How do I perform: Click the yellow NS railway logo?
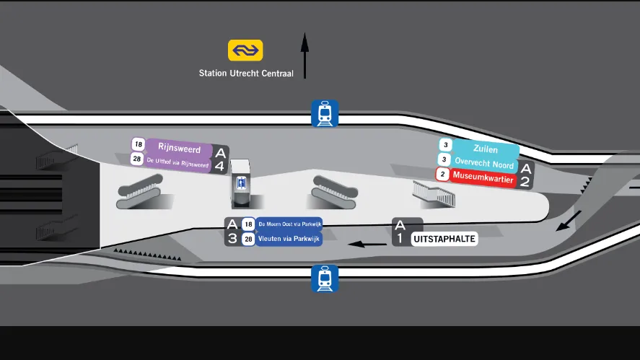245,51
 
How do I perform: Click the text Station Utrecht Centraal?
246,73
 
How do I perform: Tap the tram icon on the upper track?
325,114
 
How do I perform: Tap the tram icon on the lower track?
325,278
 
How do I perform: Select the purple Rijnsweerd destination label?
178,147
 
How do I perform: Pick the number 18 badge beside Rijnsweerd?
139,144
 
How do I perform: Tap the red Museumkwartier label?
483,175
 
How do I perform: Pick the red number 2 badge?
442,174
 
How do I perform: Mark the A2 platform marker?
526,175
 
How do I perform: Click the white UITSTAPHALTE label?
444,239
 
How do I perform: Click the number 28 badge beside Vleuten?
248,239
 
